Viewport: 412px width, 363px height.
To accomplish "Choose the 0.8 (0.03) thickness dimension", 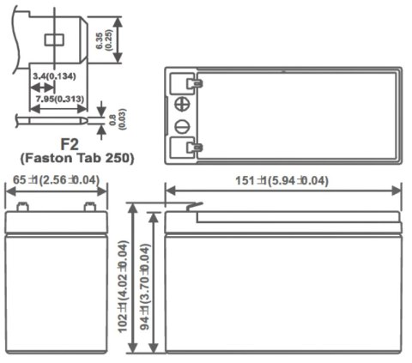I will pos(129,118).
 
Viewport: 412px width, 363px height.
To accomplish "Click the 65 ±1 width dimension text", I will pos(56,181).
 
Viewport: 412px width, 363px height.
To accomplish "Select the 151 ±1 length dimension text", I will pos(282,181).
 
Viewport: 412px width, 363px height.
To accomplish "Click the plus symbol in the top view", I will pos(182,106).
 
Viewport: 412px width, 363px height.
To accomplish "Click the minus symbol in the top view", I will pos(182,127).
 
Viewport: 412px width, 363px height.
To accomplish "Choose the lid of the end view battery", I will pos(56,222).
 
